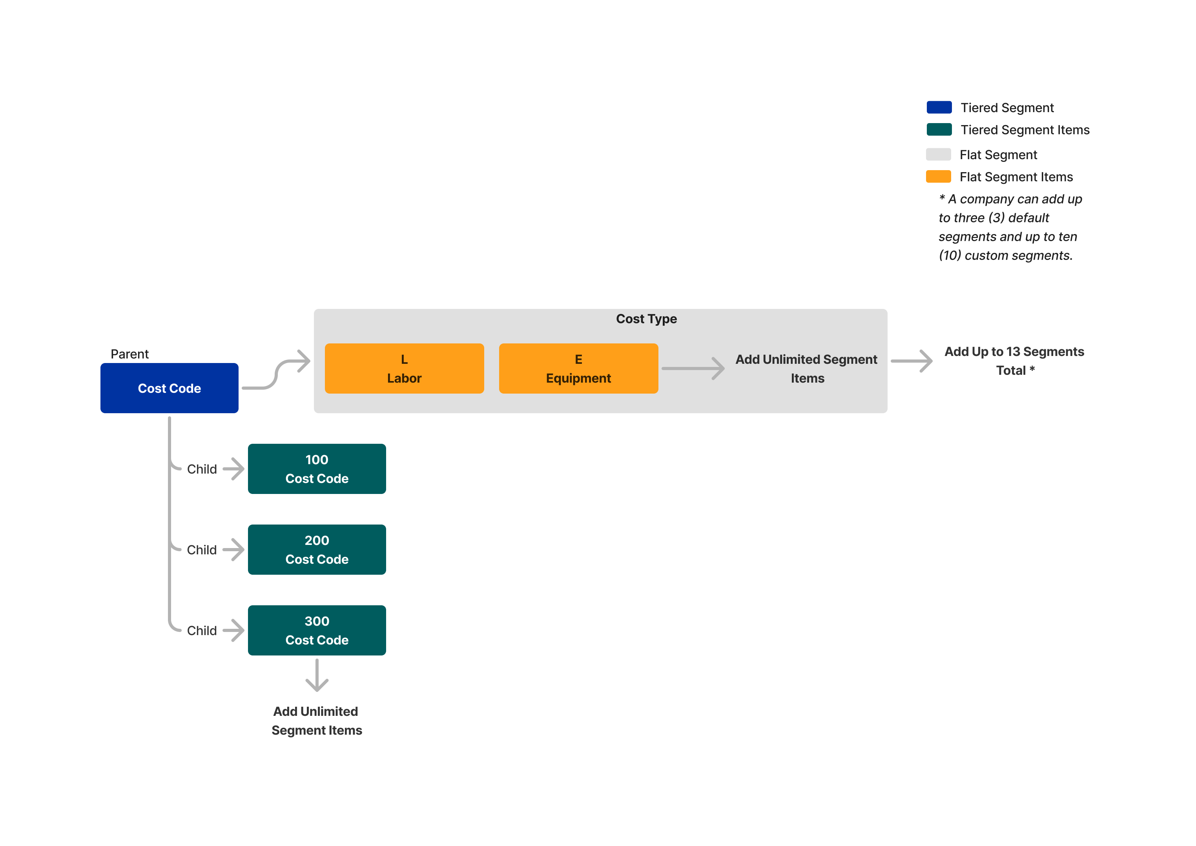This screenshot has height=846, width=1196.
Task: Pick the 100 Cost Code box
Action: (x=317, y=468)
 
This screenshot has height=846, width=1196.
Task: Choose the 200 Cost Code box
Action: (x=317, y=549)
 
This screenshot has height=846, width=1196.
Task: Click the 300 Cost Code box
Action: (x=317, y=630)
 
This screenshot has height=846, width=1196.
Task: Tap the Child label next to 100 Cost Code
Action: (x=201, y=469)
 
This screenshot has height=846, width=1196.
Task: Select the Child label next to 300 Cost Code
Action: (x=201, y=630)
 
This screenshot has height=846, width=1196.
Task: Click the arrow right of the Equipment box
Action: (x=693, y=368)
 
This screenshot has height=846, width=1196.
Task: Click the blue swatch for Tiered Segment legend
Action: (x=939, y=107)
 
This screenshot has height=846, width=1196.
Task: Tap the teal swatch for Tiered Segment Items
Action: (x=939, y=129)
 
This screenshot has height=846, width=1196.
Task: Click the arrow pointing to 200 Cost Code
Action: (x=233, y=550)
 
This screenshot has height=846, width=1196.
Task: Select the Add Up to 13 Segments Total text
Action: (x=1014, y=361)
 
